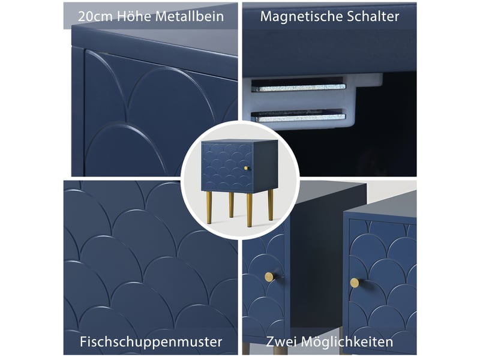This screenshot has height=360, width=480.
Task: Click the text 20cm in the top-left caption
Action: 95,17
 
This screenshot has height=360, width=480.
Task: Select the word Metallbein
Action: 189,16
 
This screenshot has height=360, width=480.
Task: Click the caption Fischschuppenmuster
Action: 151,341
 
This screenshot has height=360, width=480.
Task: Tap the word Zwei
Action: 279,341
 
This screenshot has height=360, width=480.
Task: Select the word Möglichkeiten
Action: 345,341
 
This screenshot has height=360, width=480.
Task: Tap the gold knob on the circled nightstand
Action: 246,168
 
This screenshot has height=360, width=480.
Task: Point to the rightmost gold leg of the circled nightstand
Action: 271,205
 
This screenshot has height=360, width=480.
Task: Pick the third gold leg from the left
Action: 250,210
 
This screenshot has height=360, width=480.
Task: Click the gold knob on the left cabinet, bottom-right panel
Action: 269,277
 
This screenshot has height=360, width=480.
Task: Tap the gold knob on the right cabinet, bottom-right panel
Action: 355,283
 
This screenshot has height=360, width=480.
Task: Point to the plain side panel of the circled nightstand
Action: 265,166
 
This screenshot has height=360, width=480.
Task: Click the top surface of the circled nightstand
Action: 239,141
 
